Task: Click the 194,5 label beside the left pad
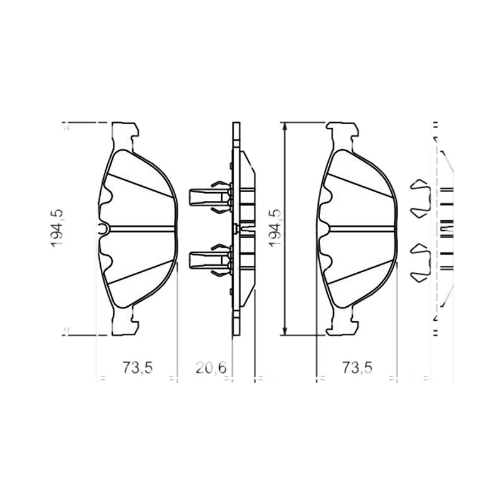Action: click(x=57, y=228)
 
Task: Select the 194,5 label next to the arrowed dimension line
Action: click(x=275, y=228)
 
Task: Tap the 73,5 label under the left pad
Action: click(x=137, y=368)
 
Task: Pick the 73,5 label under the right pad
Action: click(x=357, y=368)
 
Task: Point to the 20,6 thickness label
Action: click(x=211, y=368)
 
